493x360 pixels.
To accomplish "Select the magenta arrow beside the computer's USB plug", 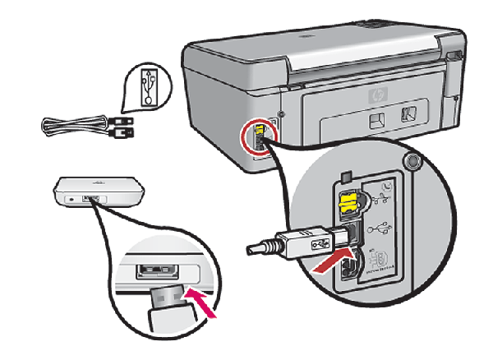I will [x=201, y=301].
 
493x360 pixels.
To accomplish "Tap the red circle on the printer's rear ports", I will [x=257, y=139].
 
